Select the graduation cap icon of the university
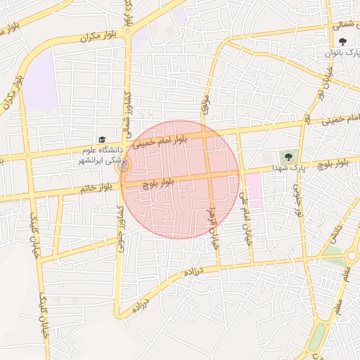pos(102,140)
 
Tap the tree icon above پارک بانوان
pos(342,41)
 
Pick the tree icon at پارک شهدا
pos(288,156)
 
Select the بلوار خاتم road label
pos(96,188)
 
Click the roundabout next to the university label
pos(124,167)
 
